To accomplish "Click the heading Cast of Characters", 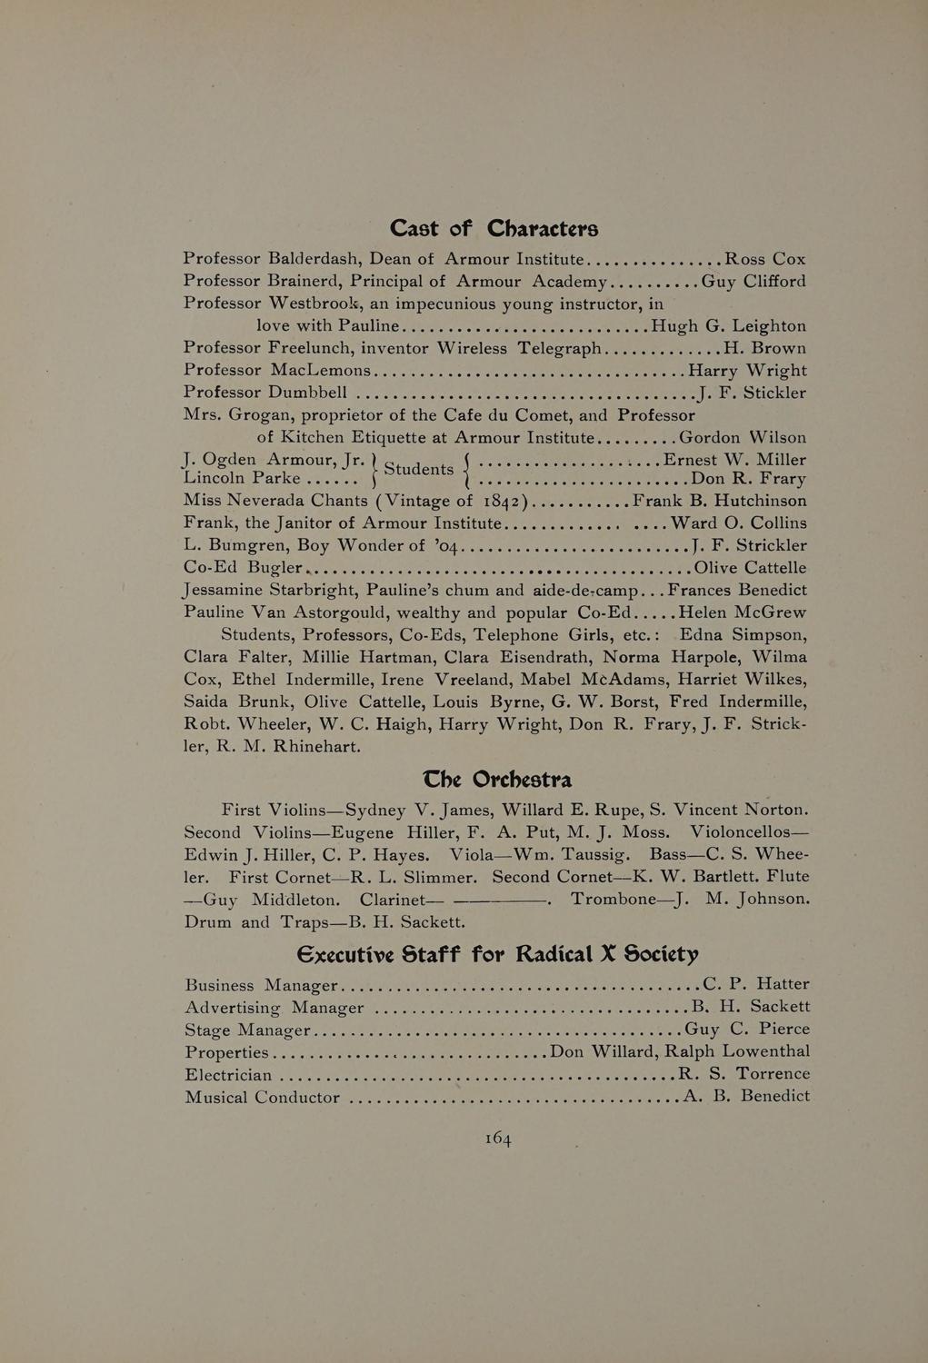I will click(494, 227).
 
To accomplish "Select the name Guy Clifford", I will click(753, 282).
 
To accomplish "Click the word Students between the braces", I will click(419, 469).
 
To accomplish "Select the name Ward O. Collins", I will click(738, 523).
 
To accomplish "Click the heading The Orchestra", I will click(497, 780).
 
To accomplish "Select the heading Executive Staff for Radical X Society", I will click(497, 954).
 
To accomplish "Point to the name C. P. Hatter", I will click(756, 983).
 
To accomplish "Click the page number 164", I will click(498, 1139).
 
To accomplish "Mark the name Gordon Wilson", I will click(743, 437).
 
